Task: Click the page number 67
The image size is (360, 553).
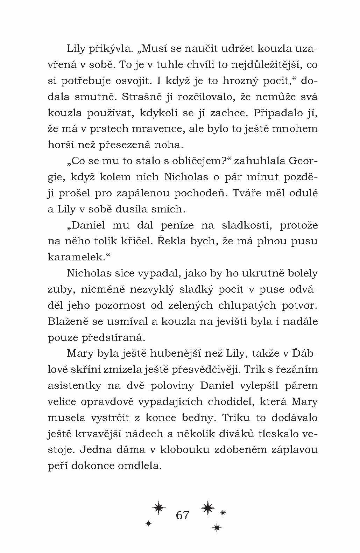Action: [183, 515]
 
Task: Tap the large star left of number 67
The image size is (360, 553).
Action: [159, 507]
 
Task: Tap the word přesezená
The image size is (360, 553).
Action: [130, 145]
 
